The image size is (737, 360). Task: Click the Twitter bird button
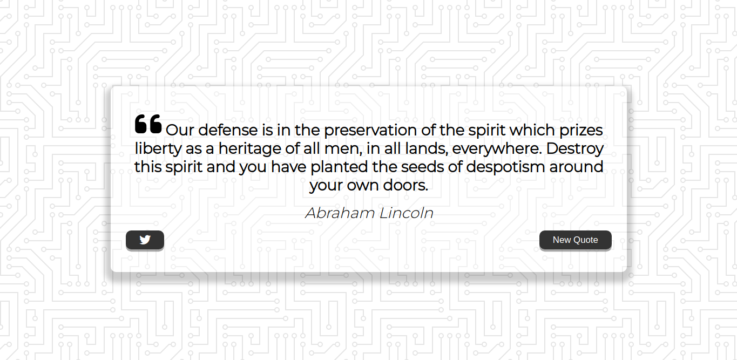click(x=145, y=240)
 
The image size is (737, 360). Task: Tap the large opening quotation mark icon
click(x=148, y=124)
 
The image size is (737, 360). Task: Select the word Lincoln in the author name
click(x=407, y=213)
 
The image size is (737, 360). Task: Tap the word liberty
click(x=158, y=148)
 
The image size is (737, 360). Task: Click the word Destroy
click(x=575, y=148)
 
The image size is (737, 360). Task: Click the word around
click(x=576, y=167)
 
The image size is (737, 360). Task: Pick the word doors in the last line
click(x=405, y=185)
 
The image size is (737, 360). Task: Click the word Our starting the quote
click(x=180, y=130)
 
